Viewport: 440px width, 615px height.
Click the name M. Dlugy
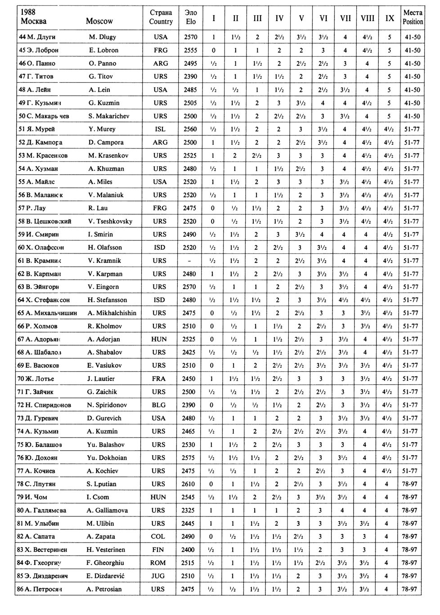(x=103, y=37)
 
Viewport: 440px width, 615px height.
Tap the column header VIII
(x=368, y=18)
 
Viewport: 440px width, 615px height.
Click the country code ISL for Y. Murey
(x=160, y=129)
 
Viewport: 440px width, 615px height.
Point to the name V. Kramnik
(x=105, y=261)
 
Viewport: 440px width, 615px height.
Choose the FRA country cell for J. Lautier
(x=160, y=379)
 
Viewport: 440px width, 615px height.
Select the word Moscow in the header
(x=99, y=21)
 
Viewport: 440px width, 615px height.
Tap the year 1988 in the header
(x=28, y=12)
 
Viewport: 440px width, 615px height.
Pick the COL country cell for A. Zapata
(x=160, y=537)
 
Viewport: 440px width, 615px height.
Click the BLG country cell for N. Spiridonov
(x=160, y=405)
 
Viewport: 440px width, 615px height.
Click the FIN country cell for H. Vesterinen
(x=160, y=550)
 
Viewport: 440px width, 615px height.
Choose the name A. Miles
(x=101, y=182)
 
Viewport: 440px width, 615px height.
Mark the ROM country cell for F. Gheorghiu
(x=160, y=563)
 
